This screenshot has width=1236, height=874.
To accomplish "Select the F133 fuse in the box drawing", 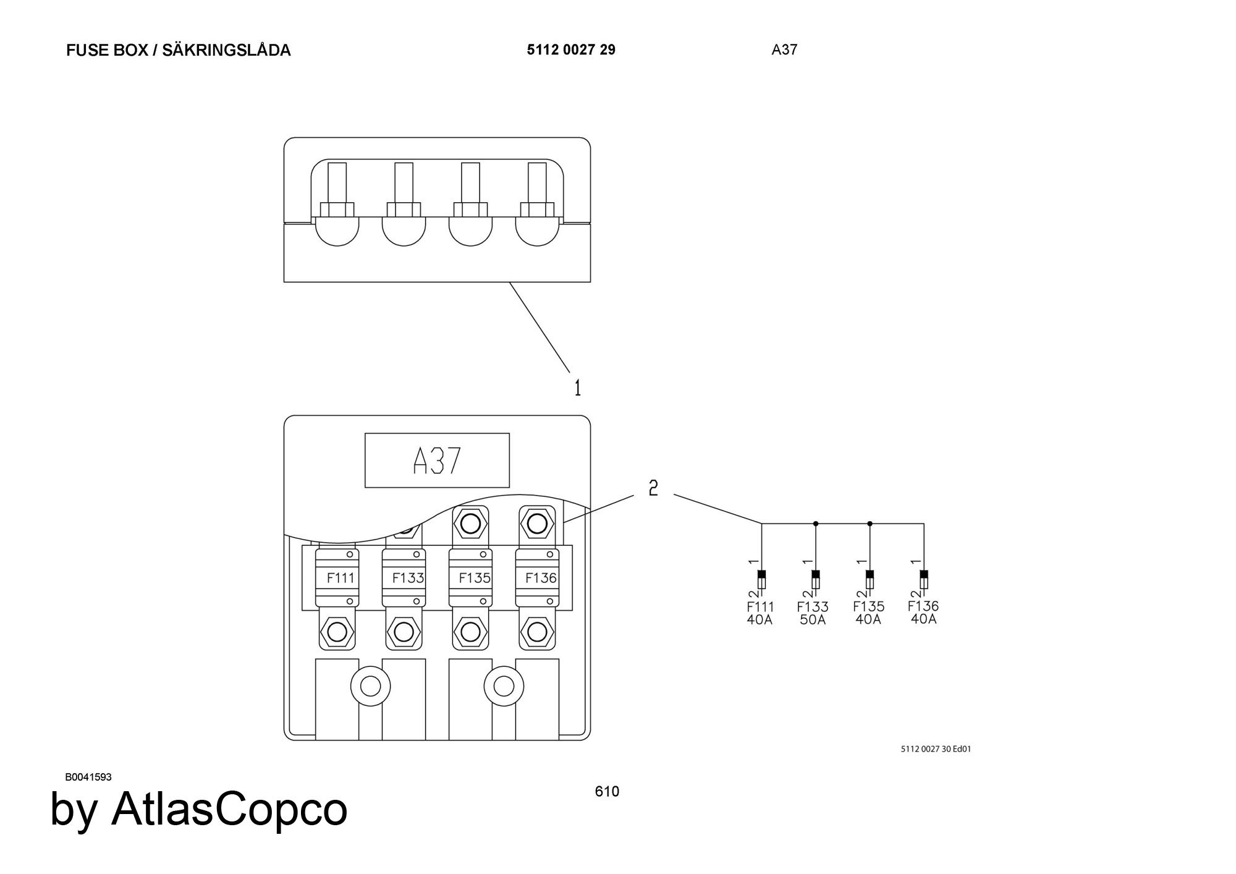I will click(x=404, y=578).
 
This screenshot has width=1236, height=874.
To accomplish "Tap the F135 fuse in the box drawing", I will click(x=470, y=578).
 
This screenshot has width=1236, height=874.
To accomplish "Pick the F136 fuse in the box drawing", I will click(x=537, y=578).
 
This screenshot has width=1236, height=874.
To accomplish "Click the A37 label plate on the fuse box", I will click(x=437, y=460).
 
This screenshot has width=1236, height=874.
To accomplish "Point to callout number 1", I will click(x=578, y=388).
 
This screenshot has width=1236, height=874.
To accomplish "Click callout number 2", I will click(x=653, y=488).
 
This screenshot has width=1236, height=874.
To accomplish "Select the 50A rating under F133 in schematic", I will click(x=813, y=620).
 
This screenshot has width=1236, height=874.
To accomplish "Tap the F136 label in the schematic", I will click(x=923, y=606).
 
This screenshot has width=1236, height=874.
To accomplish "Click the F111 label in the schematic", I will click(x=760, y=607).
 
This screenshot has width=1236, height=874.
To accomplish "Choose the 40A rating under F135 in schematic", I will click(x=868, y=620).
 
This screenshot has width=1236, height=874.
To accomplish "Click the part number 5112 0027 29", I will click(x=571, y=50).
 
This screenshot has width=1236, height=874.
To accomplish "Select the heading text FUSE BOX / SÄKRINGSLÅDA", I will click(x=178, y=51).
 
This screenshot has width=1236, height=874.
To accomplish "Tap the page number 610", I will click(x=607, y=792).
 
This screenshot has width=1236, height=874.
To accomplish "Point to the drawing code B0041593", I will click(x=88, y=777).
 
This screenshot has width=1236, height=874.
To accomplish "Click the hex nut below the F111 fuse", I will click(x=337, y=632).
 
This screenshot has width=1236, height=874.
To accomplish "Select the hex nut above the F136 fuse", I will click(x=537, y=524).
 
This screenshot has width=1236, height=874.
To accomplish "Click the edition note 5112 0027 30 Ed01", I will click(x=936, y=749).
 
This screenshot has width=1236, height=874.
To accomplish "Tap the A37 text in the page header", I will click(x=784, y=50).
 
